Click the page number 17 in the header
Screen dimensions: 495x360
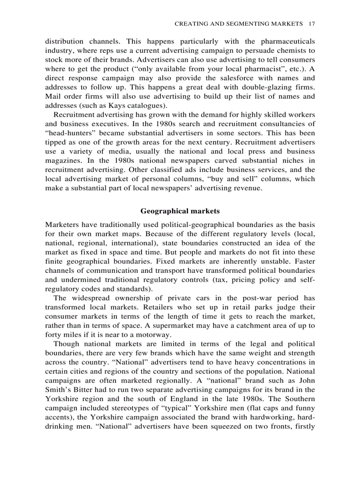coord(311,23)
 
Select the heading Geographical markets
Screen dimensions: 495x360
coord(180,211)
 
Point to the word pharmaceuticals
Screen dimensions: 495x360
coord(286,41)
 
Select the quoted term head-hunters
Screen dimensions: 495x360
coord(64,133)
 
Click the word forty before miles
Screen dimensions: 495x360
coord(54,335)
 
